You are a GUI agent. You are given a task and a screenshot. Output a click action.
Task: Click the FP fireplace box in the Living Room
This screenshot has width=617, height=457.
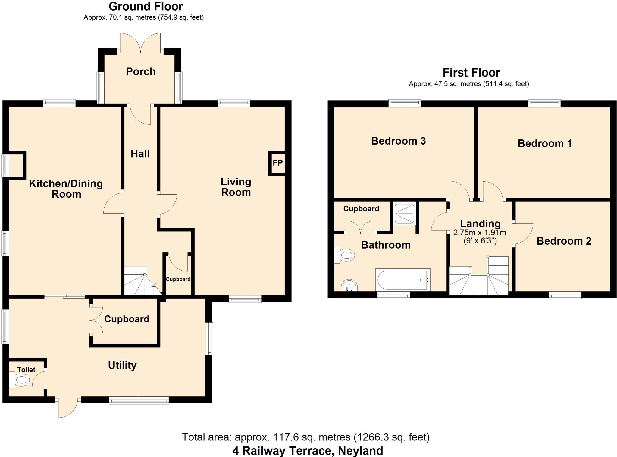click(277, 163)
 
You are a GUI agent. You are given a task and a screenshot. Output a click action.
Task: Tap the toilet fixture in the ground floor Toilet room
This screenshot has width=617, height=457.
click(20, 380)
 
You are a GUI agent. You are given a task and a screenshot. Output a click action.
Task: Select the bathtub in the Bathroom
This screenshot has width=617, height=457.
click(402, 280)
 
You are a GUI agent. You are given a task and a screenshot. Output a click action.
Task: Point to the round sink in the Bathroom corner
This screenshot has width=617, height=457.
click(349, 285)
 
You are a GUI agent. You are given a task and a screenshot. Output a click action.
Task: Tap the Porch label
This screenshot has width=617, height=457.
click(141, 72)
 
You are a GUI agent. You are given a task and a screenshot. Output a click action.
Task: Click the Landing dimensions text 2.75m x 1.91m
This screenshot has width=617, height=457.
click(480, 233)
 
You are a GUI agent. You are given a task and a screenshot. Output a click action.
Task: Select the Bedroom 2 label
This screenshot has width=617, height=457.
click(564, 241)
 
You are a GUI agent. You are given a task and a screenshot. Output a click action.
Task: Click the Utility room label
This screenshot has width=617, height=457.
click(122, 365)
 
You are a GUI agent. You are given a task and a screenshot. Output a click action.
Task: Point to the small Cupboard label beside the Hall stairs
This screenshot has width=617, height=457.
click(178, 279)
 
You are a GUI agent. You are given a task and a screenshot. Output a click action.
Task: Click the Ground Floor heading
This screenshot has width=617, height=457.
click(146, 6)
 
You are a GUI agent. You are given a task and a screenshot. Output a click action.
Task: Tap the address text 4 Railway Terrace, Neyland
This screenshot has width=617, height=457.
click(308, 451)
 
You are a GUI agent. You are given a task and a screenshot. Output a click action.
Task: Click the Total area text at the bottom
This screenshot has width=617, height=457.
click(305, 437)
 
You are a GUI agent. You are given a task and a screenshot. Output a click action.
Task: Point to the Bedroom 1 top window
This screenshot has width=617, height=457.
click(544, 103)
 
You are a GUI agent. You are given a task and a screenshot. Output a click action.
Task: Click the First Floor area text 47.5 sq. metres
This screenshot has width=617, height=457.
click(469, 84)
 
